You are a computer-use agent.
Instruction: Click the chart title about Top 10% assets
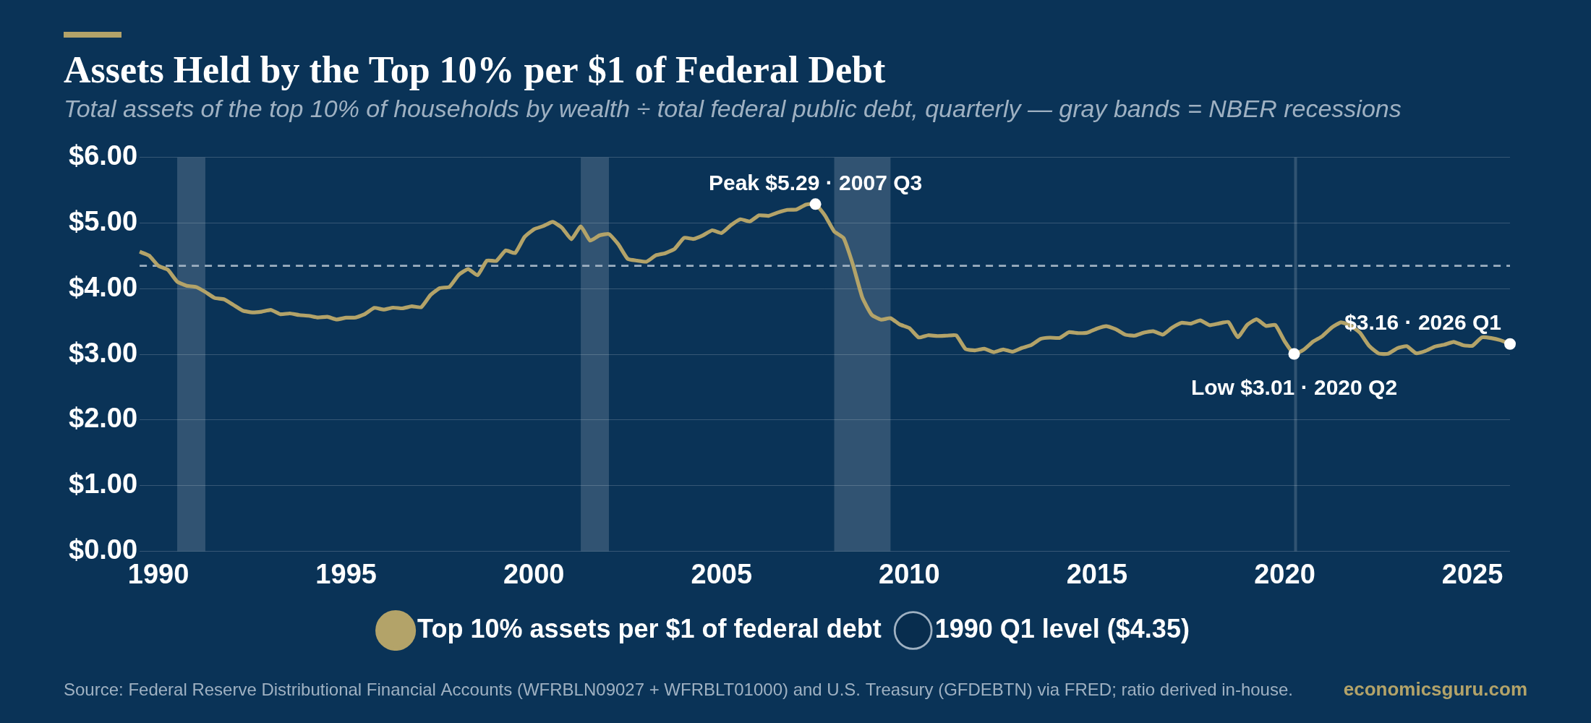pos(474,71)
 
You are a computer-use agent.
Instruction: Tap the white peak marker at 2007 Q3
pos(815,204)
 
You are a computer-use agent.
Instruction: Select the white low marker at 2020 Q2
pos(1294,354)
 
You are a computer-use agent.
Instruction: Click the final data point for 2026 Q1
pos(1509,343)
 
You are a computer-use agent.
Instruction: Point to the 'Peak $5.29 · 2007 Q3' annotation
pos(815,183)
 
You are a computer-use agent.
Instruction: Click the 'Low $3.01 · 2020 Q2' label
pos(1294,388)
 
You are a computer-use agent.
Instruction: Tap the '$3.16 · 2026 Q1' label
pos(1422,322)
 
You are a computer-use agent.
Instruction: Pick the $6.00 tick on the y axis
pos(103,156)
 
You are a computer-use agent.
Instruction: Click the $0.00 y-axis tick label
pos(103,550)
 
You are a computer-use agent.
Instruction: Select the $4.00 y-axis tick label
pos(103,288)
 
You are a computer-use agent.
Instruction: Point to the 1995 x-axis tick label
pos(346,575)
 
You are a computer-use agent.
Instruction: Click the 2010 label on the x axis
pos(909,575)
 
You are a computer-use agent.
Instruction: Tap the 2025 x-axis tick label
pos(1472,575)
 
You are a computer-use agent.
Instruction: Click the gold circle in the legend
pos(396,630)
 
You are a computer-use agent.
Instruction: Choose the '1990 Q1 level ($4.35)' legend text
pos(1062,629)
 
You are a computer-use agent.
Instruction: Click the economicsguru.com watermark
pos(1435,690)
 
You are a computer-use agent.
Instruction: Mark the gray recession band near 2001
pos(594,354)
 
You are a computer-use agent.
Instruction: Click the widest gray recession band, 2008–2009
pos(862,354)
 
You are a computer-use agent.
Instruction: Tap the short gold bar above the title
pos(93,35)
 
